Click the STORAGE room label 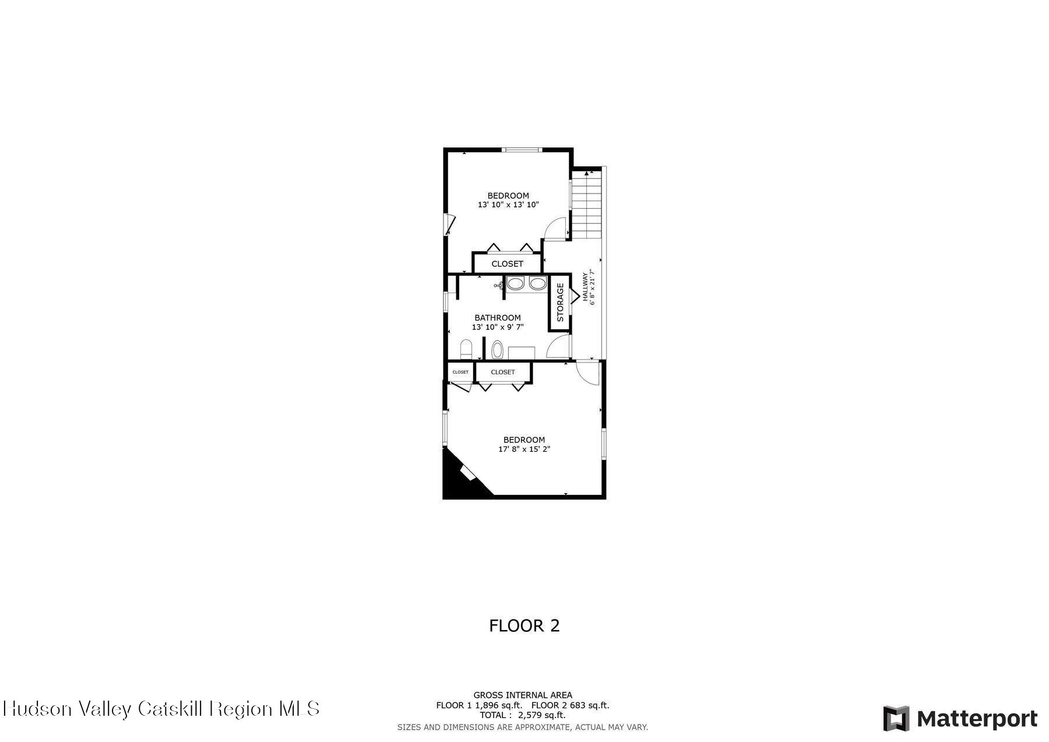(560, 303)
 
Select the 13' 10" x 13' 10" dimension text (508, 205)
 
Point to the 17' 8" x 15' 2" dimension (524, 449)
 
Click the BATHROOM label (497, 318)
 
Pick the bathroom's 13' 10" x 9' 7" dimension (497, 327)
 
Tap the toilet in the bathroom (466, 350)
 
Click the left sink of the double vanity (515, 284)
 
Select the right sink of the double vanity (537, 284)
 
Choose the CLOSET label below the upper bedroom (507, 264)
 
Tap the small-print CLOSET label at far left (460, 372)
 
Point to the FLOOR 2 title (524, 625)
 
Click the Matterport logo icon (896, 719)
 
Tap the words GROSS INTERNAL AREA (522, 695)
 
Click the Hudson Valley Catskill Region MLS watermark (161, 709)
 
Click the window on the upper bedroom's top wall (522, 150)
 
